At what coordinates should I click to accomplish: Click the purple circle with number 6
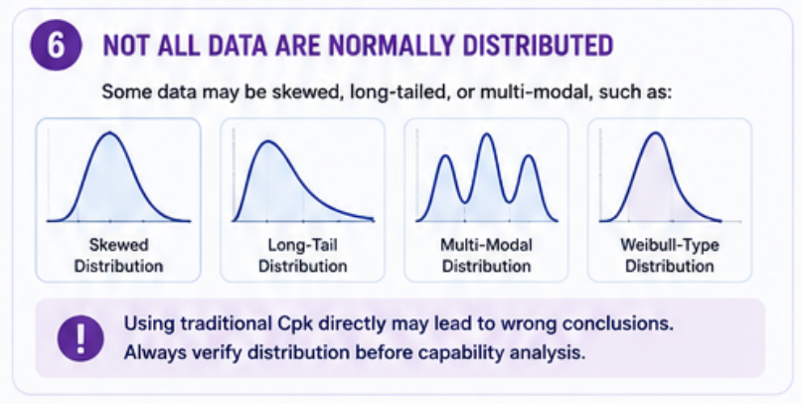56,45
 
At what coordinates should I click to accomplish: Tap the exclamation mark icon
80,338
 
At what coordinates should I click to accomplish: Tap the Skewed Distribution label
118,256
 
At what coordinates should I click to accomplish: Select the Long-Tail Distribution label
302,256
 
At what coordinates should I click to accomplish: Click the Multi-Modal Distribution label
486,256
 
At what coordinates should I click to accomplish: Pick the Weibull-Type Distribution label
670,256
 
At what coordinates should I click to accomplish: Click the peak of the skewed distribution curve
110,133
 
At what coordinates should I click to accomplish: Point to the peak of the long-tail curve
267,141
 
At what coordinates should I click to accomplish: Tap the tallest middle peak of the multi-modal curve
487,134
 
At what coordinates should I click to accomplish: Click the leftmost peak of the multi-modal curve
446,155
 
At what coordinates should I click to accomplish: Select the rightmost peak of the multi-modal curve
529,155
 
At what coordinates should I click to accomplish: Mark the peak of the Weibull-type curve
655,133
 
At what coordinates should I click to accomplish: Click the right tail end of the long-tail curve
374,220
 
